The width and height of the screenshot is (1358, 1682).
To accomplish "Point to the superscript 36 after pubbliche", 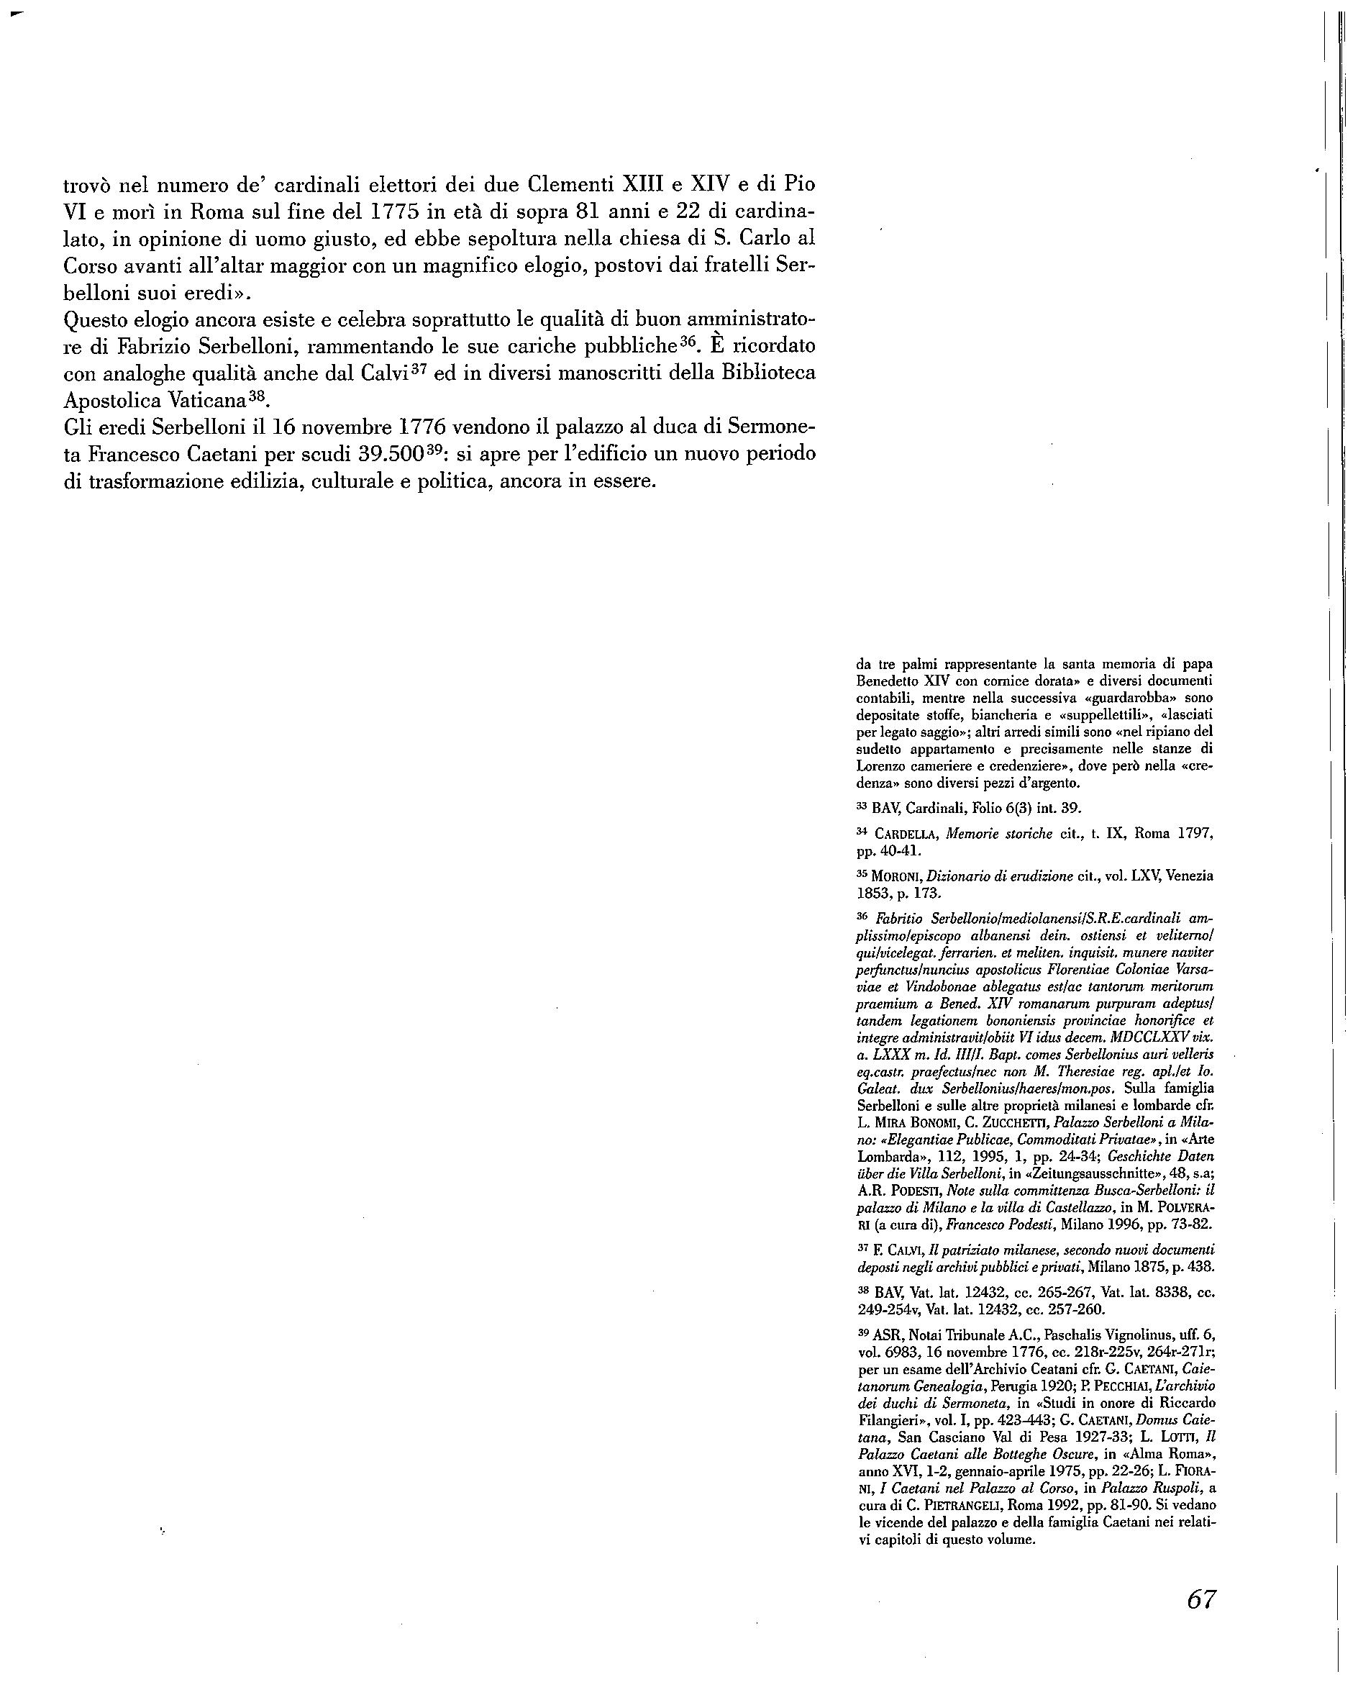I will (688, 342).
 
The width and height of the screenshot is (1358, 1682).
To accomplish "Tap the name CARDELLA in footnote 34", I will (908, 834).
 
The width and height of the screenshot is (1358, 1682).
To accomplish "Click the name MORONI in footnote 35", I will (893, 876).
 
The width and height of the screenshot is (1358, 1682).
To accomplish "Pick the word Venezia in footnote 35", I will (1190, 876).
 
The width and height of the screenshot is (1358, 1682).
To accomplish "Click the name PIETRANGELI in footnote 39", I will (964, 1505).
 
